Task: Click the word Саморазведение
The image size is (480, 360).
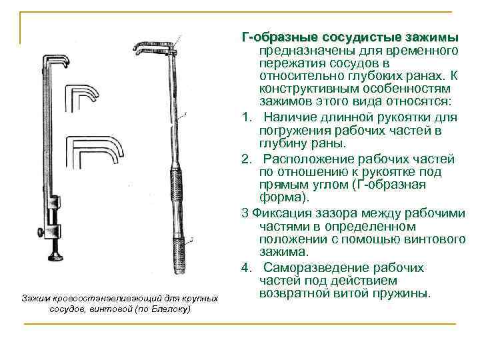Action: pos(313,267)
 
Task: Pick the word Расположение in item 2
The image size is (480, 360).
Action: pos(307,159)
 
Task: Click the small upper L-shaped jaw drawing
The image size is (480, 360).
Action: pos(79,98)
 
